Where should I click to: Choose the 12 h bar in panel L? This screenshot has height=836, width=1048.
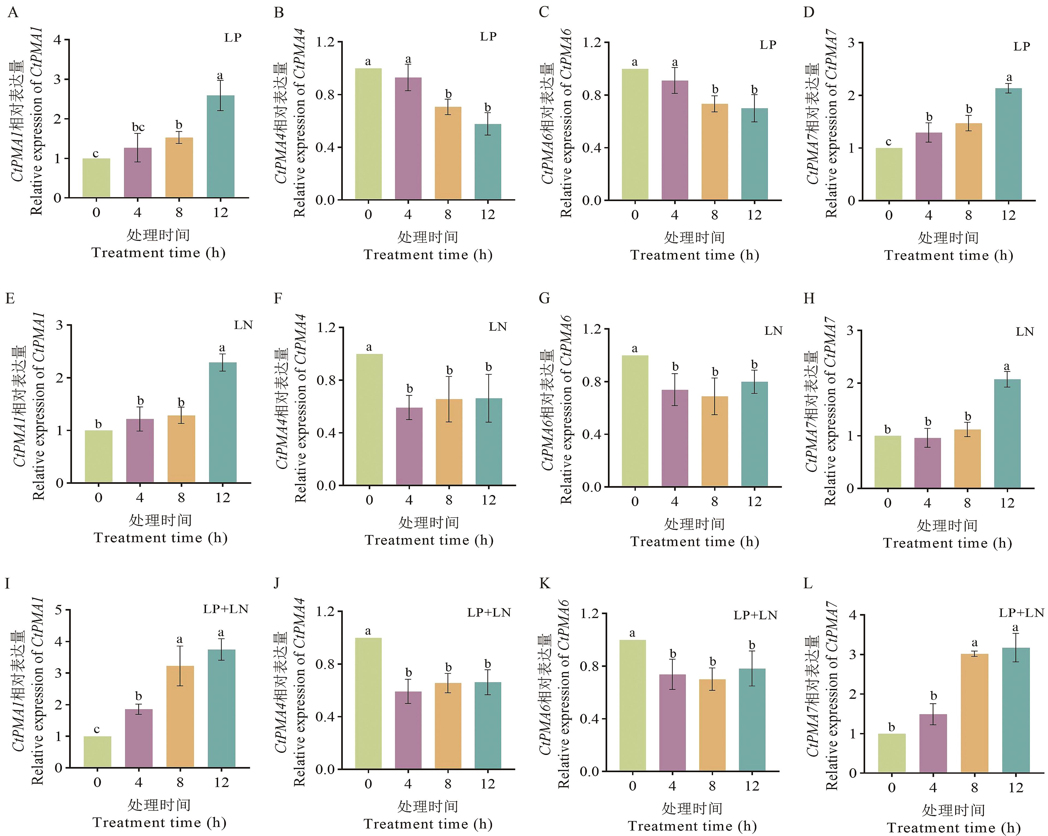click(x=1016, y=710)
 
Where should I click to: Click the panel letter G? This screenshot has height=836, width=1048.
click(x=544, y=298)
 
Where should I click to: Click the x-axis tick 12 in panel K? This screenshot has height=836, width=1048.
click(x=752, y=786)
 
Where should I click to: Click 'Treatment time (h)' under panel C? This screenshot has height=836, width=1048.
click(x=694, y=255)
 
